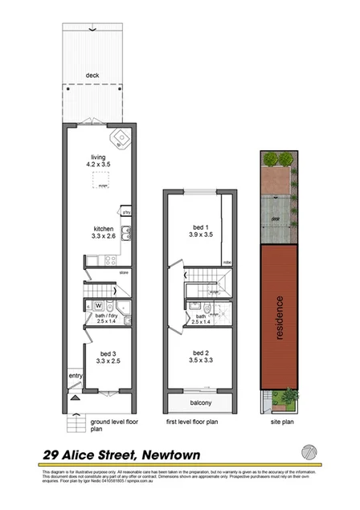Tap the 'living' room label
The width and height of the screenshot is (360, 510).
(98, 157)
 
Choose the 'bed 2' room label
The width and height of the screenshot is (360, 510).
(201, 353)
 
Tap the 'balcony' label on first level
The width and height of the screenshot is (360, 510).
(201, 402)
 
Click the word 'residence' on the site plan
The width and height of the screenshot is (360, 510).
(280, 319)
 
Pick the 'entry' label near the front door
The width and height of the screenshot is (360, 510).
(75, 375)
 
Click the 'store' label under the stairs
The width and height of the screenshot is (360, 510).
(124, 273)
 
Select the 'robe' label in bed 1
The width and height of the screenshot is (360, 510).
(227, 262)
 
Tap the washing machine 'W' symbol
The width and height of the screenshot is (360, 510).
(97, 305)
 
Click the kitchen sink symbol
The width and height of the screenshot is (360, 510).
(126, 235)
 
